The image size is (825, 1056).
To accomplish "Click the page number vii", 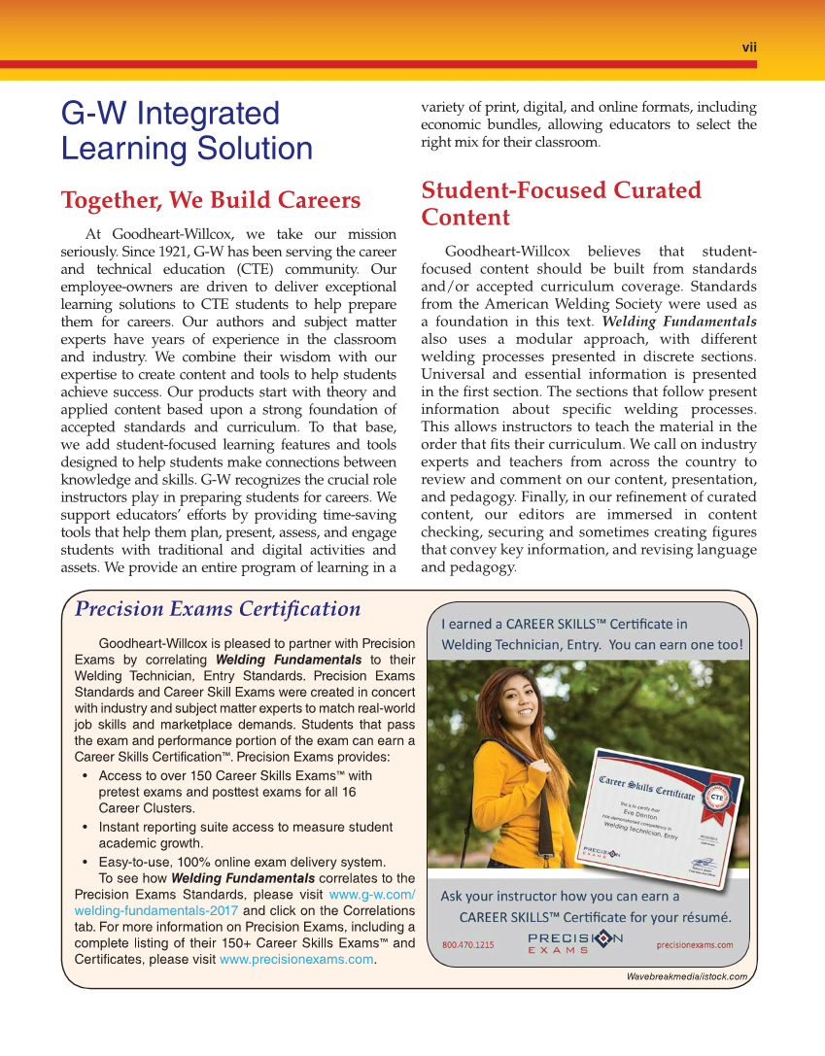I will [749, 47].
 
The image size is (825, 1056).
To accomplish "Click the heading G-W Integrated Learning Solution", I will [187, 131].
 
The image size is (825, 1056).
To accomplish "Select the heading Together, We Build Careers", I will [211, 200].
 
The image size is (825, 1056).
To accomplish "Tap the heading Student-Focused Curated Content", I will [561, 203].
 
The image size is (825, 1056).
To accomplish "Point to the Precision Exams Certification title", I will [218, 609].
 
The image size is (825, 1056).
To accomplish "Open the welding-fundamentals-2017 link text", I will [155, 910].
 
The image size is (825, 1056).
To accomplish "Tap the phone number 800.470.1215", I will [467, 944].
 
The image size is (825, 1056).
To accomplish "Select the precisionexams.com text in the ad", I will [695, 944].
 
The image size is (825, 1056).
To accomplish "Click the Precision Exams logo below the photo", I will [575, 942].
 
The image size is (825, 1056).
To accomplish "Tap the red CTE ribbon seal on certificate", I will [717, 798].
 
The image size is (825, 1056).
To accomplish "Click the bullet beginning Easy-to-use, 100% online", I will [242, 862].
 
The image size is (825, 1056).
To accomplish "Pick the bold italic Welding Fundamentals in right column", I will [679, 322].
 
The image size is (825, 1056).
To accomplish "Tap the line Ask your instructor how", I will [560, 896].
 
